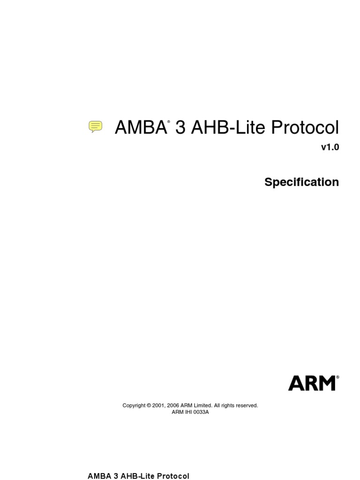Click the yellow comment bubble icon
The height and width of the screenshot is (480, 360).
coord(96,126)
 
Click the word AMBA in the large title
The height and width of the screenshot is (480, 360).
coord(140,128)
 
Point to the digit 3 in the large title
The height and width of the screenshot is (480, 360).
coord(180,128)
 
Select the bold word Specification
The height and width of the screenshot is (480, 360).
coord(301,182)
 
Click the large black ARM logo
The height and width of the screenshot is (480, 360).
coord(312,383)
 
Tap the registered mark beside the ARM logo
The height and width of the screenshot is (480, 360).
coord(337,377)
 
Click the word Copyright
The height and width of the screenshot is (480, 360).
coord(134,405)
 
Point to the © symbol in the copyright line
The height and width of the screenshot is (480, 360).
coord(149,405)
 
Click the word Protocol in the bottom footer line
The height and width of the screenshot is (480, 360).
coord(173,476)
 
